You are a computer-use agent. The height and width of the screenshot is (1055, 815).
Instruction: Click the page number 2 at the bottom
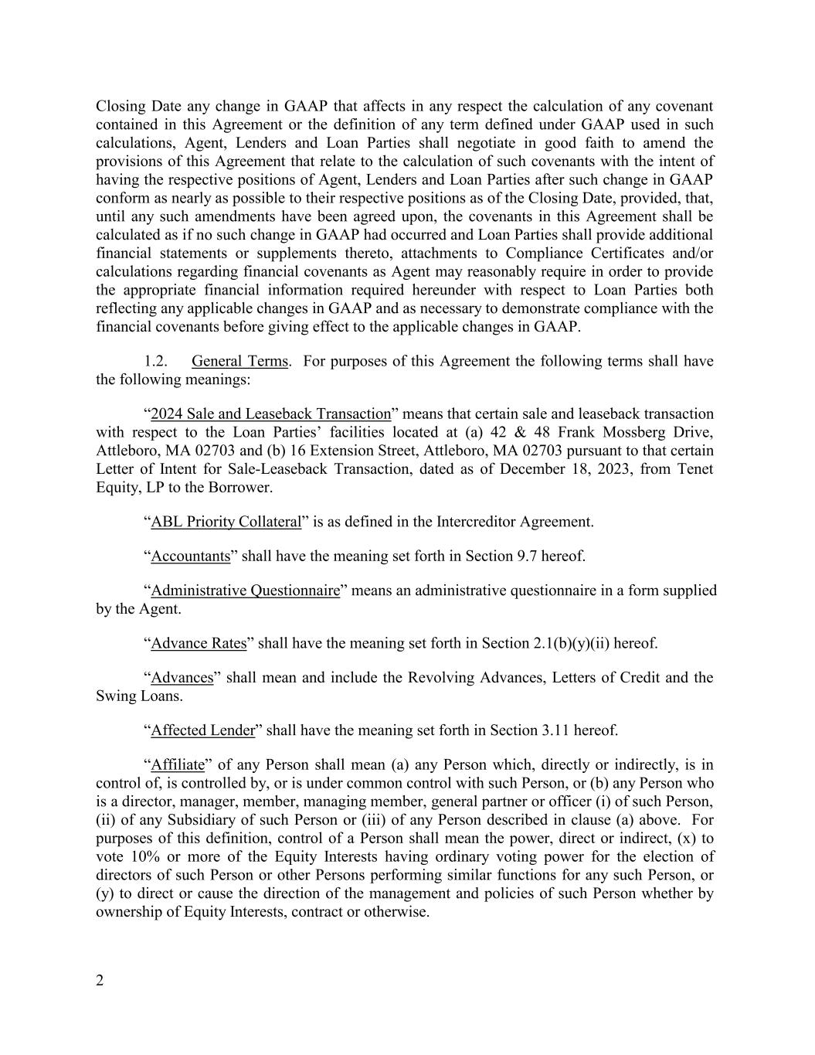point(100,981)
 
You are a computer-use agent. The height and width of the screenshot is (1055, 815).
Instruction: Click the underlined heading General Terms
point(239,361)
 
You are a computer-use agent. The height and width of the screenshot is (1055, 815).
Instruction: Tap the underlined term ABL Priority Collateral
point(226,522)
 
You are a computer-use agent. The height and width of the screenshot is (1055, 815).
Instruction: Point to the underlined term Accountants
point(190,556)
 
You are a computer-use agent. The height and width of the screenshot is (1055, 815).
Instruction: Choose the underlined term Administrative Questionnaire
point(245,590)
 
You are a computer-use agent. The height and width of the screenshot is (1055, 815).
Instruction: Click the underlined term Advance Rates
point(199,643)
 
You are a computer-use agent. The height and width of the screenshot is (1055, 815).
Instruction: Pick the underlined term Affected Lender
point(202,730)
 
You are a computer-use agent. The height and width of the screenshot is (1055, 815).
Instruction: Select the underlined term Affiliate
point(178,765)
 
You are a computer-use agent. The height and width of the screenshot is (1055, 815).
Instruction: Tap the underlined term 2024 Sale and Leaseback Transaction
point(270,414)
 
